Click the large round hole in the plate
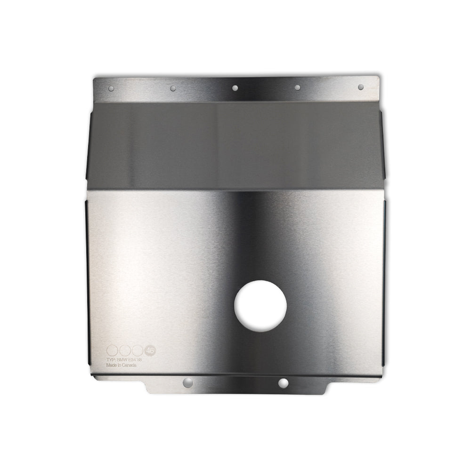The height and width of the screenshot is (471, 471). pos(260,306)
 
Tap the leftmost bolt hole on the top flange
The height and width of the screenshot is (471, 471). pos(111,88)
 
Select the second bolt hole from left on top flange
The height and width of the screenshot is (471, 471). pos(173,88)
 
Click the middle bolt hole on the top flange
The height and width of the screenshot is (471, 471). pos(235,87)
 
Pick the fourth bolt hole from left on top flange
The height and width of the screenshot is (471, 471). pos(297,87)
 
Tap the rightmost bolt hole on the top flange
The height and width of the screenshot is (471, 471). pos(360,87)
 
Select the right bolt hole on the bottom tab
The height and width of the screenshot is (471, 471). pos(283,383)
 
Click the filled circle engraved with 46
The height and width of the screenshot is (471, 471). pos(150,350)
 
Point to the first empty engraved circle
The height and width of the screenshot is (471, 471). pos(112,350)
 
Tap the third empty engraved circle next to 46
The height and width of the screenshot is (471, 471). pos(138,350)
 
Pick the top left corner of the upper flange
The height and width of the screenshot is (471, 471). pos(94,78)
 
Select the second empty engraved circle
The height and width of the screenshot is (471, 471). pos(125,350)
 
